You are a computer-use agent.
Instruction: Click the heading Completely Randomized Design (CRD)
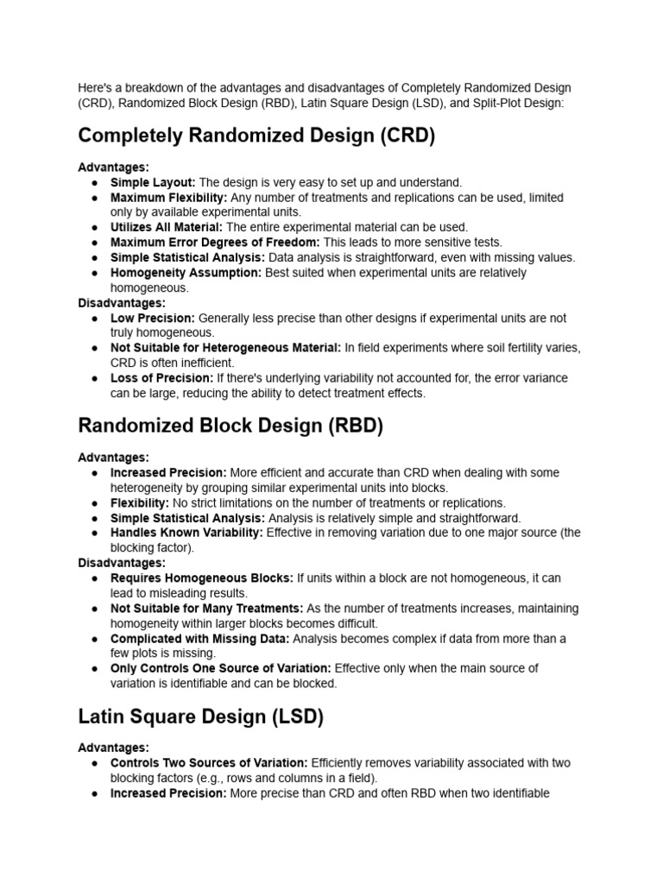pos(256,136)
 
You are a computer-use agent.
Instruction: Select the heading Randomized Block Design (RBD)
pos(230,426)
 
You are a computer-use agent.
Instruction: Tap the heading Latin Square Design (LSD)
pos(200,717)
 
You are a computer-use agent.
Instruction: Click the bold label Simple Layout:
pos(153,183)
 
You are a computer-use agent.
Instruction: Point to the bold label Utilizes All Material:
pos(167,227)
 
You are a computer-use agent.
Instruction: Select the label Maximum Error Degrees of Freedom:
pos(215,243)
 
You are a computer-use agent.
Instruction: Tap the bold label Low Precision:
pos(153,318)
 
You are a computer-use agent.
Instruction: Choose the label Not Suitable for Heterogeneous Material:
pos(225,348)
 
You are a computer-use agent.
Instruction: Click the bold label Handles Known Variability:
pos(186,534)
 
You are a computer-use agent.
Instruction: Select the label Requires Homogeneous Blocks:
pos(201,578)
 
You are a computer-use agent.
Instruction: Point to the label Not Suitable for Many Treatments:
pos(206,609)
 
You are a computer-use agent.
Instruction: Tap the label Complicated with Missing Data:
pos(199,639)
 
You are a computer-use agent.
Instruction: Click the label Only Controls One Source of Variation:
pos(220,668)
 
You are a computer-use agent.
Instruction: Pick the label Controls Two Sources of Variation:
pos(209,763)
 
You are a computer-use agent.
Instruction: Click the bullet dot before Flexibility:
pos(93,503)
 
